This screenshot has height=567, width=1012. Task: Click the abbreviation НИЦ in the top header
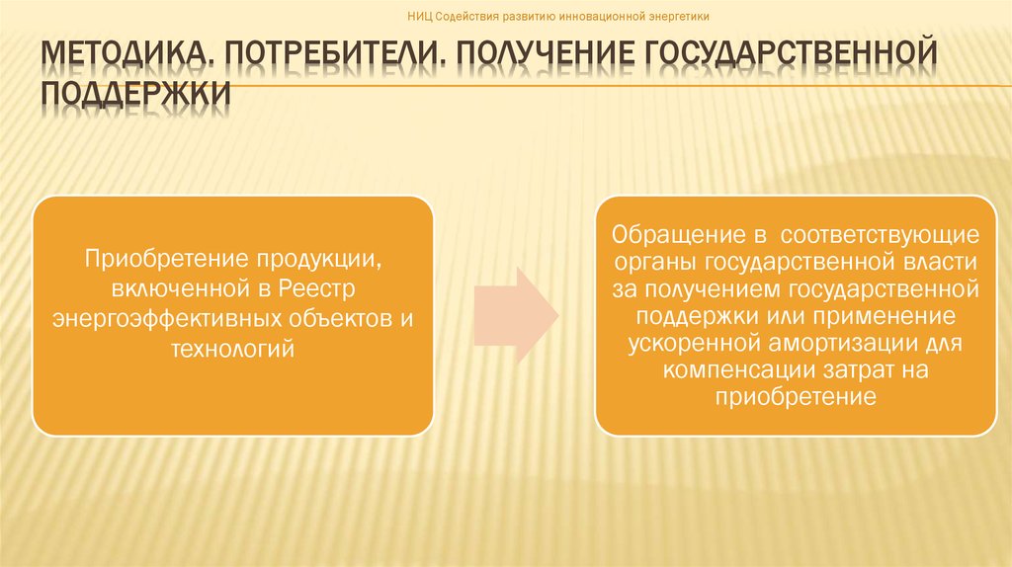pos(420,17)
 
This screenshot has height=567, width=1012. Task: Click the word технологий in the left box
pos(233,350)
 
